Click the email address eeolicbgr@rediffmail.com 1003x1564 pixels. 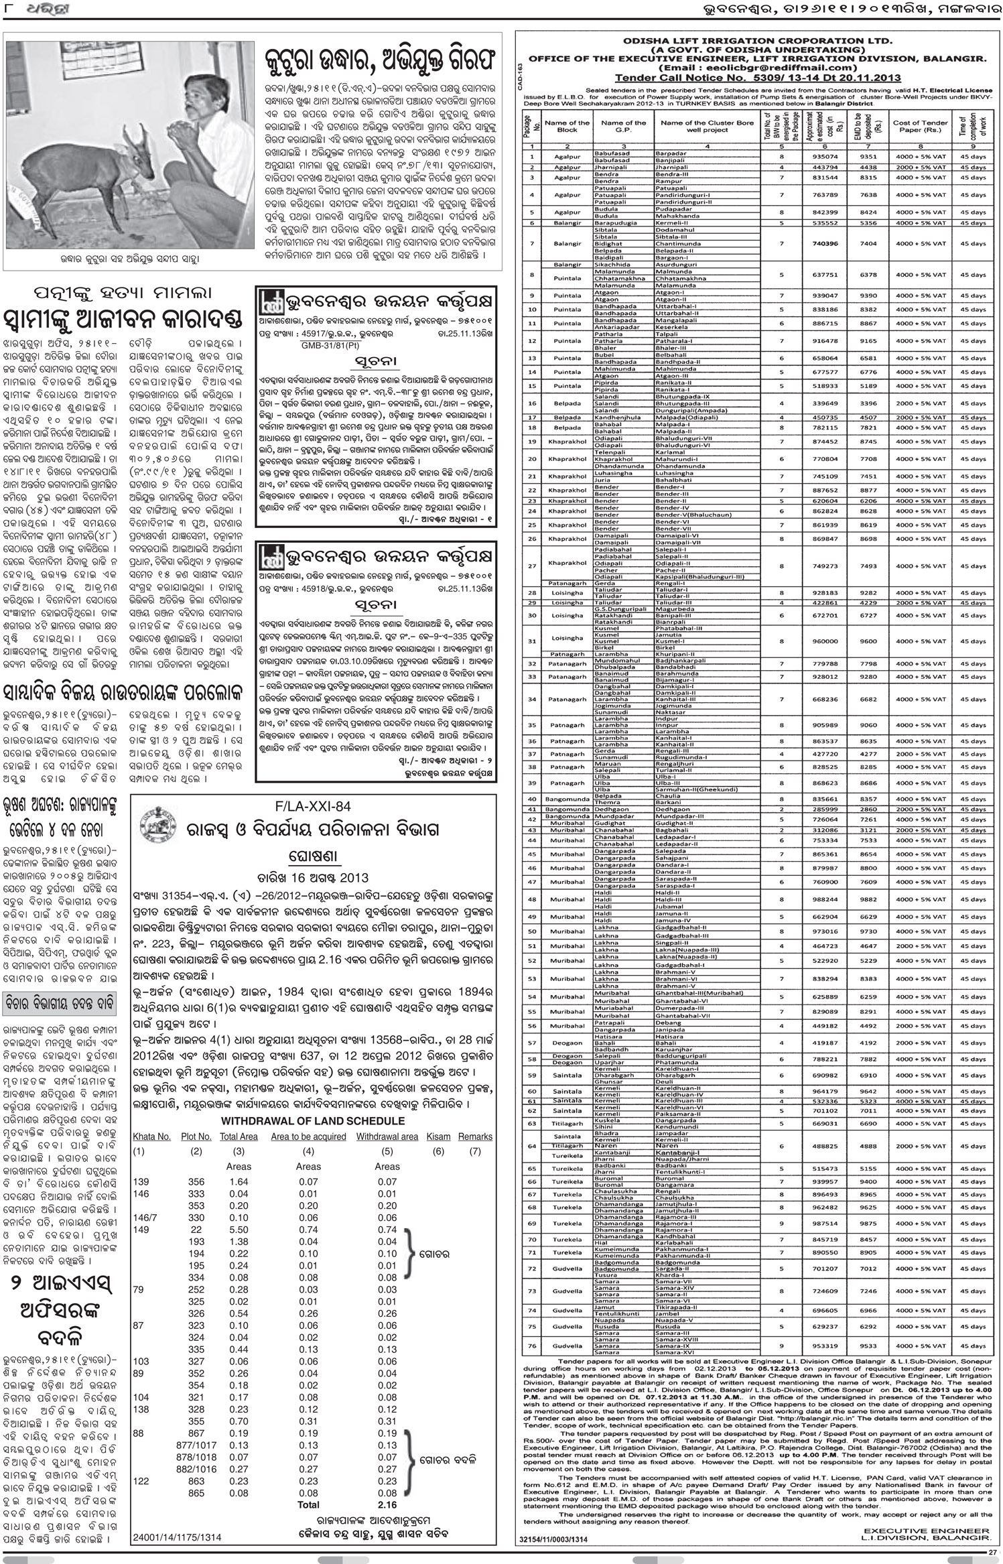pos(767,68)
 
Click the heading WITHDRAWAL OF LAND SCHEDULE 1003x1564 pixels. pos(313,1120)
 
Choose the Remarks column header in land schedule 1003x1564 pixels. pos(475,1136)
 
